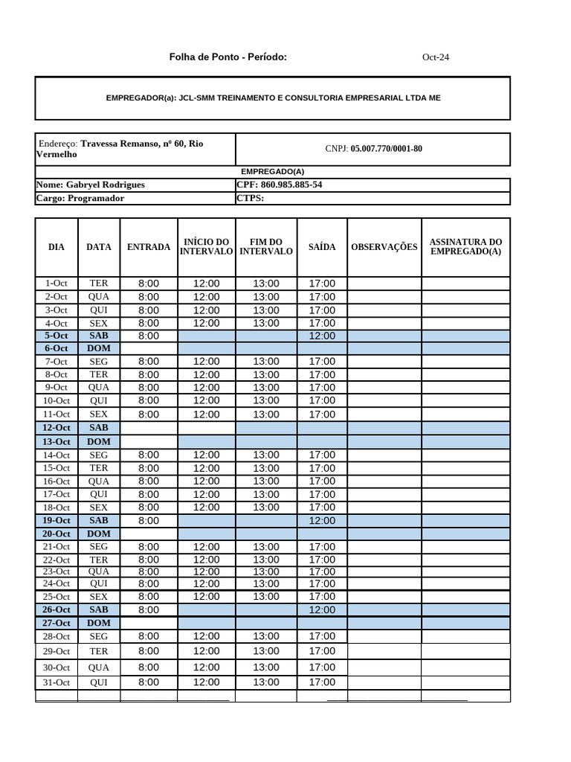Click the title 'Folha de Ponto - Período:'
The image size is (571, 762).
228,57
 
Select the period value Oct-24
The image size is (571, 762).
435,57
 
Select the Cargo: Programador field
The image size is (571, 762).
80,198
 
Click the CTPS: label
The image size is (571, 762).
250,198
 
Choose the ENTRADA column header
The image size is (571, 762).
149,247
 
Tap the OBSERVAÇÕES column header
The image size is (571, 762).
384,247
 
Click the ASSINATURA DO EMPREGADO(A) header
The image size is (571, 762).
465,247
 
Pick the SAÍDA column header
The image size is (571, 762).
322,247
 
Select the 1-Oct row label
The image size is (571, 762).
57,284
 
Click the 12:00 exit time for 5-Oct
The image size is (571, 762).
322,336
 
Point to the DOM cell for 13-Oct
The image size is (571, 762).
99,442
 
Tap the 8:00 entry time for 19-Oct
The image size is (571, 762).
149,521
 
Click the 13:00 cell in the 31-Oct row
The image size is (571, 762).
266,682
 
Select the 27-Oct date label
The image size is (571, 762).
57,623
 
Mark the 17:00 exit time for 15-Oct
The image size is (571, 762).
322,468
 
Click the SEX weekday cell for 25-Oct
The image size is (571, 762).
99,597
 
